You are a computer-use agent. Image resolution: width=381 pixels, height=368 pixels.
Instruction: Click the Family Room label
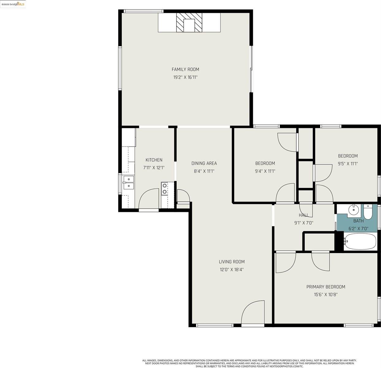[185, 69]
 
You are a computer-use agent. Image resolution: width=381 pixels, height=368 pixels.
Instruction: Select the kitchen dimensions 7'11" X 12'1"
[154, 168]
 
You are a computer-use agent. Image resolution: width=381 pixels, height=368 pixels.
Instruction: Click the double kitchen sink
[128, 182]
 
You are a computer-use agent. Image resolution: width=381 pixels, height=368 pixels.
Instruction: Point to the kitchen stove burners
[165, 189]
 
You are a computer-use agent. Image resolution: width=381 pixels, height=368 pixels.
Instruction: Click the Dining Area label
[204, 163]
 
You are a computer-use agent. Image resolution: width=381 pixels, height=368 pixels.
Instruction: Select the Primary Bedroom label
[326, 287]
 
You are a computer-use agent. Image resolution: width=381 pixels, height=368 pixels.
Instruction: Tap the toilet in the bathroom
[368, 211]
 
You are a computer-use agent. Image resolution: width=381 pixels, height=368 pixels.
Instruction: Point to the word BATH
[358, 221]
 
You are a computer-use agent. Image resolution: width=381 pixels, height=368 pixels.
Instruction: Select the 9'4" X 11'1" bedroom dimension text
[265, 171]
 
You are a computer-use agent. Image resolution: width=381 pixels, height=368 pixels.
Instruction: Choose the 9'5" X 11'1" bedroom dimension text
[348, 164]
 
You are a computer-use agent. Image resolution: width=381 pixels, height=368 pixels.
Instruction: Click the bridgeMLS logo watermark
[13, 4]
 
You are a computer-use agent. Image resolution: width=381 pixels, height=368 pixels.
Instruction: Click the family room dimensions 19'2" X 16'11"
[185, 77]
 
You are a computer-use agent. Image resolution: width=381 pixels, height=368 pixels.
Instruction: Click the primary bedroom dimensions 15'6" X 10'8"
[326, 295]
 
